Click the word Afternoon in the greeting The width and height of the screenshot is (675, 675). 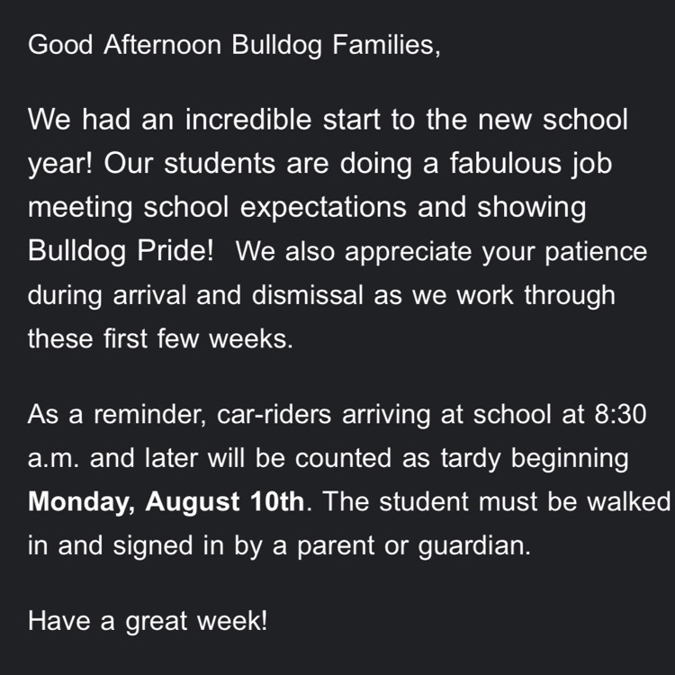pos(163,44)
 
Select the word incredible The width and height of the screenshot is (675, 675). pos(248,119)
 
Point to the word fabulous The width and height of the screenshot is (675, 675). pos(506,163)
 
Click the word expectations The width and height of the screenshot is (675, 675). pos(323,208)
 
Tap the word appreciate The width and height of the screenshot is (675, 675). pos(408,252)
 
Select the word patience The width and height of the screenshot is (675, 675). pos(596,252)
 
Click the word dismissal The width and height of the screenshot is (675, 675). pos(308,295)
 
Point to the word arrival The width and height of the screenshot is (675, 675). pos(148,295)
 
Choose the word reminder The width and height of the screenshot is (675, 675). pos(148,415)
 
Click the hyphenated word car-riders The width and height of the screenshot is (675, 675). pos(274,415)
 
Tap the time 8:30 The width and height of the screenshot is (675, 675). pos(620,415)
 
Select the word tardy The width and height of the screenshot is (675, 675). pos(471,459)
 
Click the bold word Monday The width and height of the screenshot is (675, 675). pos(79,502)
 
